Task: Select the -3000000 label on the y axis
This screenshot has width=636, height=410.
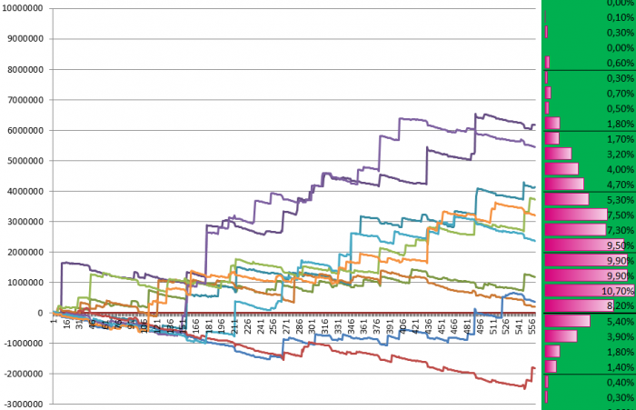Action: click(x=25, y=403)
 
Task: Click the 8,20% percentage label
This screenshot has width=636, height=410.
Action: click(x=619, y=306)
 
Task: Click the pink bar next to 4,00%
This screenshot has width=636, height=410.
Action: click(x=561, y=169)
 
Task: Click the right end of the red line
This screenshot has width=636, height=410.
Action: click(x=535, y=367)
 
